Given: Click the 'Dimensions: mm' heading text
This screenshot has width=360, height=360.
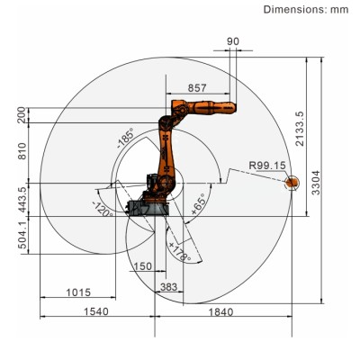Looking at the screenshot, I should [304, 10].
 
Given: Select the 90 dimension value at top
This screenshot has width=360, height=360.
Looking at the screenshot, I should [233, 41].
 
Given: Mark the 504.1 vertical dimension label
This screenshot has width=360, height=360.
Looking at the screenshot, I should [21, 240].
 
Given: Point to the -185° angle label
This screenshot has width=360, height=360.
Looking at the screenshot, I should [125, 140].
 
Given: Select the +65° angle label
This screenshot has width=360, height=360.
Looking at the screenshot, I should [197, 203].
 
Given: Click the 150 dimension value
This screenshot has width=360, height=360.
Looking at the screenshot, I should [140, 266].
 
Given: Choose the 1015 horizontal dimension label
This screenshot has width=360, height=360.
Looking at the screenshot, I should [78, 293].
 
